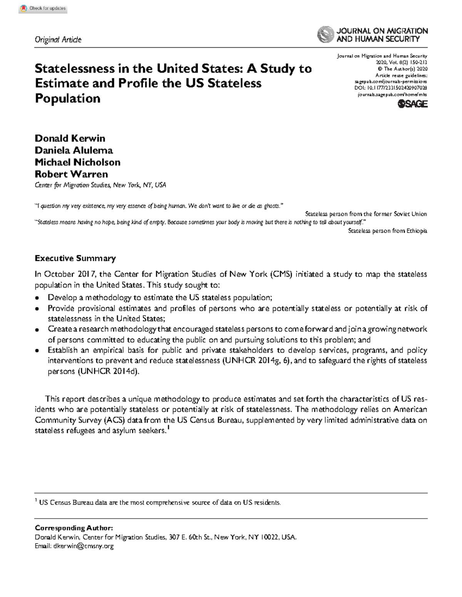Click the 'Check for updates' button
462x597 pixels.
(43, 8)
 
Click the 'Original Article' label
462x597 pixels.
(58, 40)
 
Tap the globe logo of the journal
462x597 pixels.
(325, 34)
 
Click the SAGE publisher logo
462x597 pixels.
(412, 104)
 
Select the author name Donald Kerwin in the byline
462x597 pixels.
(70, 138)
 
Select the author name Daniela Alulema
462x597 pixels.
(74, 150)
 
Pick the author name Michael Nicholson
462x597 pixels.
(77, 162)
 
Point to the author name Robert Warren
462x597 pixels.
(71, 174)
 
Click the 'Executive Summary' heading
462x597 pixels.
(75, 258)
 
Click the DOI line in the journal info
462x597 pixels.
(390, 88)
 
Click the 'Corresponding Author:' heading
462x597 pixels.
(74, 528)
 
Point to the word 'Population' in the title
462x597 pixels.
(67, 98)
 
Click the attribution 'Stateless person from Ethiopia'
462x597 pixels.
(387, 231)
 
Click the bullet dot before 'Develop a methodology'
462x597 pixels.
(37, 298)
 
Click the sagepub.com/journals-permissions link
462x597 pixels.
(390, 82)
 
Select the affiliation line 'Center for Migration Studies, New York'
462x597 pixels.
(100, 185)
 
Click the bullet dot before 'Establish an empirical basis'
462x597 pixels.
(37, 351)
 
